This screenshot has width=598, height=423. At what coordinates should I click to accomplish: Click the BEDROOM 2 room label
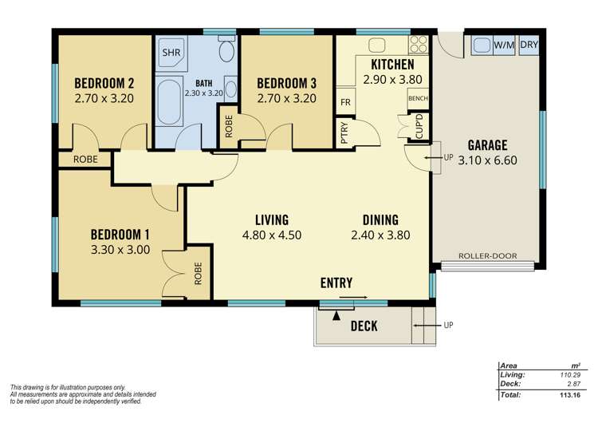click(103, 83)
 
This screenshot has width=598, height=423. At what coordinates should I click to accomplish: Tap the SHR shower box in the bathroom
click(171, 53)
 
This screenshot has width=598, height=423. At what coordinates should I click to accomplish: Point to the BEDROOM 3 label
click(286, 83)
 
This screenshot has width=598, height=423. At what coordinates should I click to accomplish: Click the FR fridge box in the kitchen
click(346, 103)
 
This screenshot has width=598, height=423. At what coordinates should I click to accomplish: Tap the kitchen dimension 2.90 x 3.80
click(391, 80)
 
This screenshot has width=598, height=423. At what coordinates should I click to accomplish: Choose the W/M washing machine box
click(503, 45)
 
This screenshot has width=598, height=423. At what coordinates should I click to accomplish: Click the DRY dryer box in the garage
click(529, 45)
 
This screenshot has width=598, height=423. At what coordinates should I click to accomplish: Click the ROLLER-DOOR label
click(487, 256)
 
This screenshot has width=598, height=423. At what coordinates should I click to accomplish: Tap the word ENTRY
click(336, 283)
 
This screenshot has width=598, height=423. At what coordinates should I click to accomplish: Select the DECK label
click(364, 326)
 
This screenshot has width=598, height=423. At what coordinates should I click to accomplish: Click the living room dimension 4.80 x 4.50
click(272, 235)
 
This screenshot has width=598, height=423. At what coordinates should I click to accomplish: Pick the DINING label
click(380, 219)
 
